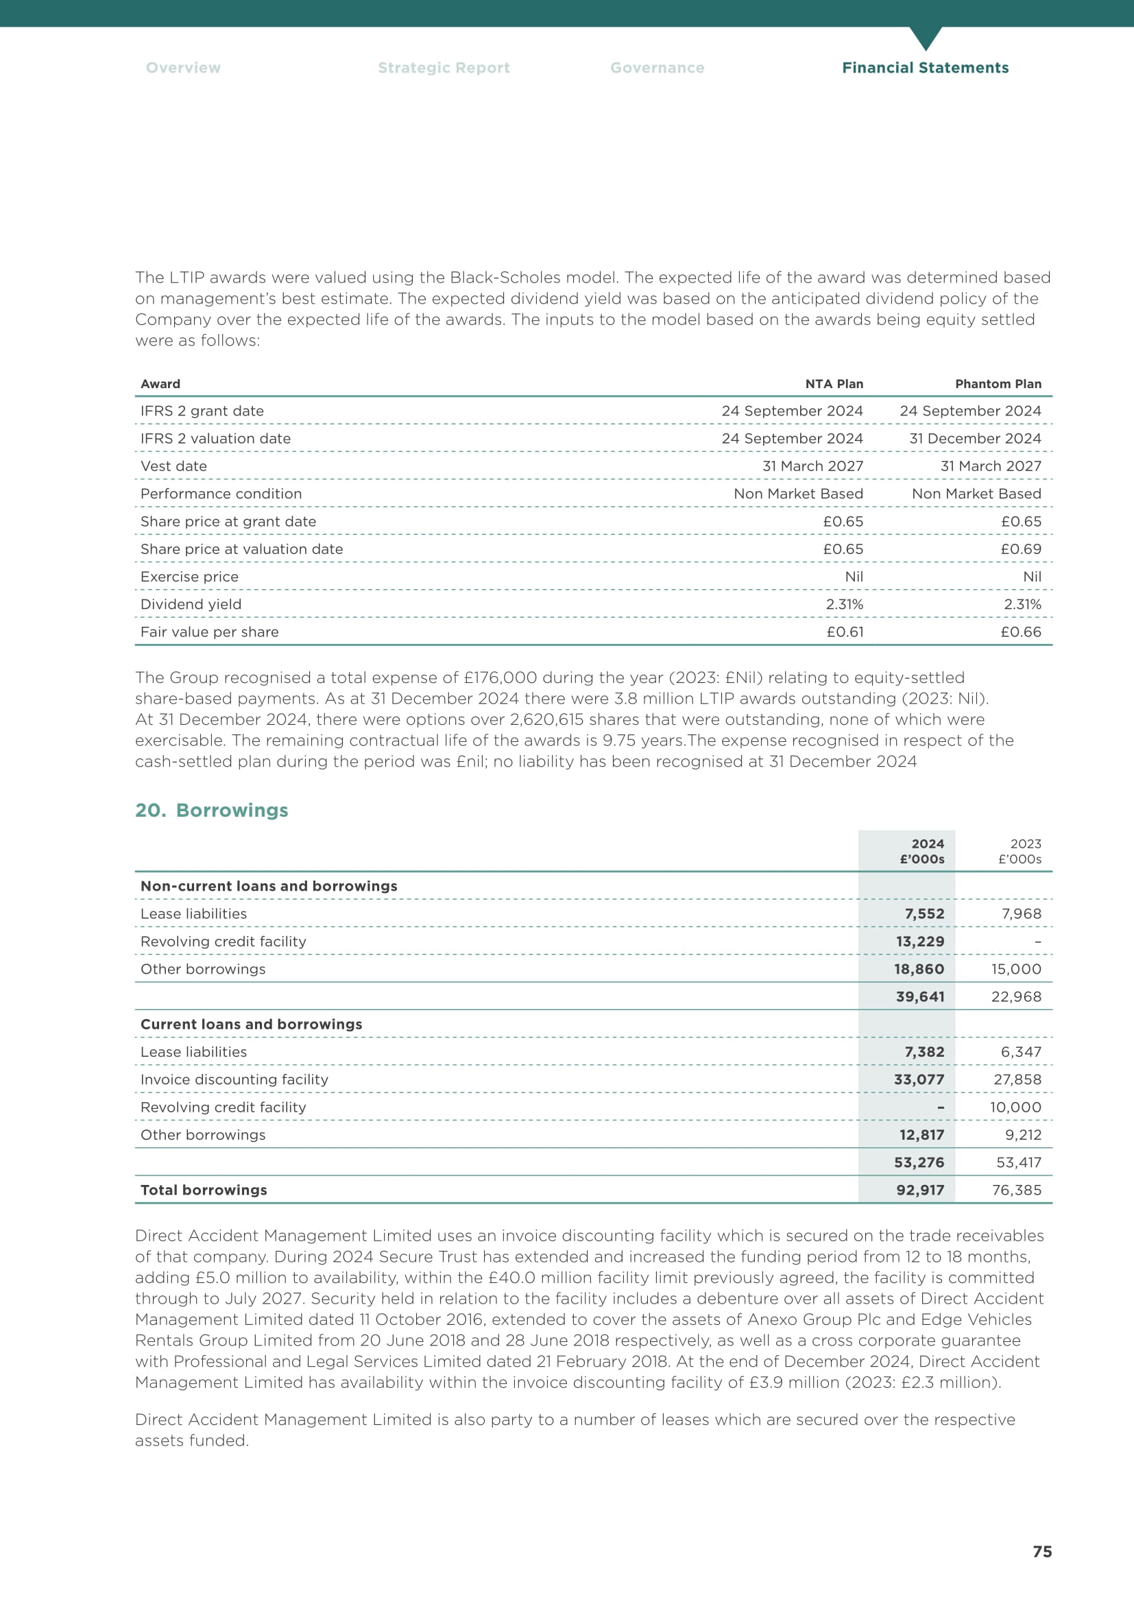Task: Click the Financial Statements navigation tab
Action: [924, 68]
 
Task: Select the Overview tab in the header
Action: [183, 68]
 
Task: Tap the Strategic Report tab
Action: [444, 68]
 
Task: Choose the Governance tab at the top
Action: [657, 68]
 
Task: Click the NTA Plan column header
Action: [834, 384]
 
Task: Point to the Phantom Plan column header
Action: [998, 384]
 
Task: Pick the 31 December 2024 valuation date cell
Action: [975, 439]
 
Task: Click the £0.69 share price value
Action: [1021, 549]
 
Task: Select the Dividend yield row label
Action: [191, 604]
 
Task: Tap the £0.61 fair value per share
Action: [845, 632]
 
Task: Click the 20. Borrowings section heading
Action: [212, 811]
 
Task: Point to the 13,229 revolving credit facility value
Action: [919, 942]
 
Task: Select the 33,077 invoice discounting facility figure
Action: [919, 1079]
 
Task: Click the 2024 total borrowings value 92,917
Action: [919, 1190]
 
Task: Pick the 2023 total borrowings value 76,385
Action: [1016, 1190]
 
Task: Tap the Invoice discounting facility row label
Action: [234, 1079]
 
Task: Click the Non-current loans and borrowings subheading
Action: [269, 886]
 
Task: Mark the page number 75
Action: [1042, 1552]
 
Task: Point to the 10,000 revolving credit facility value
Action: [1015, 1108]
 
